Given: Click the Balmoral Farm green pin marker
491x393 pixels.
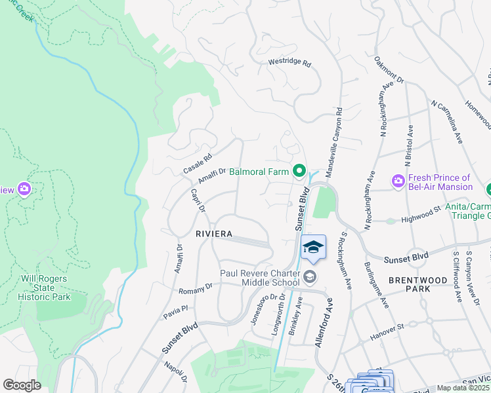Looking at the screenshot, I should point(299,172).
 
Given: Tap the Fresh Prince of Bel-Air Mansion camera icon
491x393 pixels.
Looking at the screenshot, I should point(398,181).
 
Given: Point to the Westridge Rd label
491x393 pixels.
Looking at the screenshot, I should point(289,64).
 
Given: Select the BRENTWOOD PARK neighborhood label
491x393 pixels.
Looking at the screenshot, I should point(427,284).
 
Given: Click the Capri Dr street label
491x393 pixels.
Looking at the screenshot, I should point(198,200).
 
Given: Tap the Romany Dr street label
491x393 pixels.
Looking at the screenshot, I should point(196,287).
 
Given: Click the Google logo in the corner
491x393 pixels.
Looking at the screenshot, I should point(22,385).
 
